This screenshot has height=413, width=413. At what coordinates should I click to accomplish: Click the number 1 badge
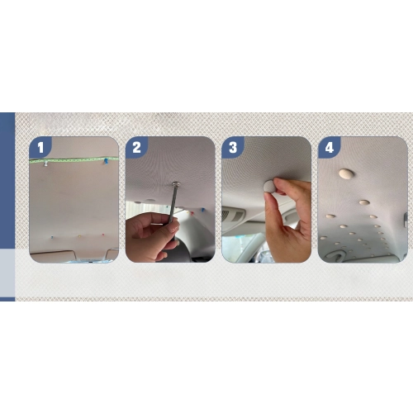point(40,147)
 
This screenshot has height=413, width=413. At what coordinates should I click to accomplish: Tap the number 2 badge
point(136,147)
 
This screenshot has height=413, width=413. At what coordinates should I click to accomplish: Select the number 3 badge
point(233,147)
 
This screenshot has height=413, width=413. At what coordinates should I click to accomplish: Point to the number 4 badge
point(330,147)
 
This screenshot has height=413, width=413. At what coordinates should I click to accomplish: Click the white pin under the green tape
point(45,164)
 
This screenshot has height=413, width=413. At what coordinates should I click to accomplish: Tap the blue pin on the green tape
point(106,161)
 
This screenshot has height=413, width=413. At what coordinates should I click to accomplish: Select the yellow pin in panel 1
point(79,236)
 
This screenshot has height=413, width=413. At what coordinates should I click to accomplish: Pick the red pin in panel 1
point(103,235)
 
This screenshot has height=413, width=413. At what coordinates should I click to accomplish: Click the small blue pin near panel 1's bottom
point(51,237)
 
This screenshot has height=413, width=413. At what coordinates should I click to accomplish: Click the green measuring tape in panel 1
point(74,159)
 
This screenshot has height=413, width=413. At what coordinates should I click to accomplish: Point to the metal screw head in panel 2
point(175,183)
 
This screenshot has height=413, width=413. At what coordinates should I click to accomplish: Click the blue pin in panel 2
point(202,210)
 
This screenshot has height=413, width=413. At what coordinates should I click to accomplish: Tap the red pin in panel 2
point(188,212)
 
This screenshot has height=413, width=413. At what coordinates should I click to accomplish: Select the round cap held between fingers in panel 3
point(269,187)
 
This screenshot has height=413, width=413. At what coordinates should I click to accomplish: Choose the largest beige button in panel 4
point(346,173)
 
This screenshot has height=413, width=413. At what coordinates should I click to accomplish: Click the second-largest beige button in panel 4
point(364,202)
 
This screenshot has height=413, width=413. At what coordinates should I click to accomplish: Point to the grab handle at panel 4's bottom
point(337,255)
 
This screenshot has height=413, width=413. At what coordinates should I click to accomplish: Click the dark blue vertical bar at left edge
point(7,181)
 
